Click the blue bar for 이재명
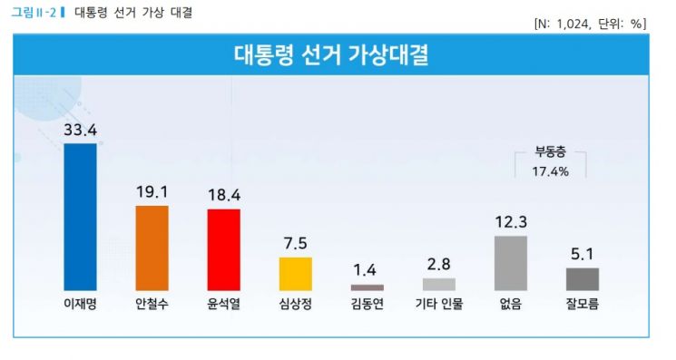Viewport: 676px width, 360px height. (80, 216)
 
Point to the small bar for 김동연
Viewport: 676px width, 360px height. (367, 287)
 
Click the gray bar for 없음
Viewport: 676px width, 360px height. (511, 262)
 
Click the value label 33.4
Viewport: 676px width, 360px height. (80, 130)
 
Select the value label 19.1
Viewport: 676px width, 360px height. (152, 192)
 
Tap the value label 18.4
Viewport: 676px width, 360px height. (223, 195)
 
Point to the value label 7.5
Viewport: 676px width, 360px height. (295, 243)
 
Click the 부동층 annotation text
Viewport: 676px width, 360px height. (550, 152)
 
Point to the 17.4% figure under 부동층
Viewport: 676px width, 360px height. (550, 170)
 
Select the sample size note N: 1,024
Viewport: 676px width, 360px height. (566, 24)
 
